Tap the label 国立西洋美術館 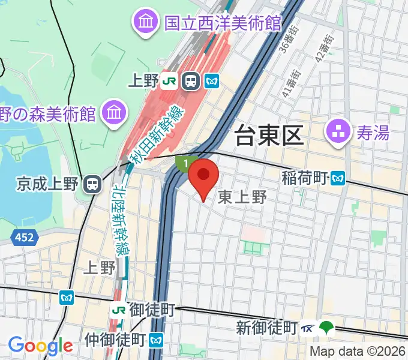(223, 23)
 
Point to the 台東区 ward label (269, 136)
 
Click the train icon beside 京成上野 (92, 184)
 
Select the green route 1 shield (185, 163)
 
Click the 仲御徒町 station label (115, 340)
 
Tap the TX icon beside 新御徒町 (308, 328)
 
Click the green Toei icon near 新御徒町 (326, 328)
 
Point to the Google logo (40, 345)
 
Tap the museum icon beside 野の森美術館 (113, 112)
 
